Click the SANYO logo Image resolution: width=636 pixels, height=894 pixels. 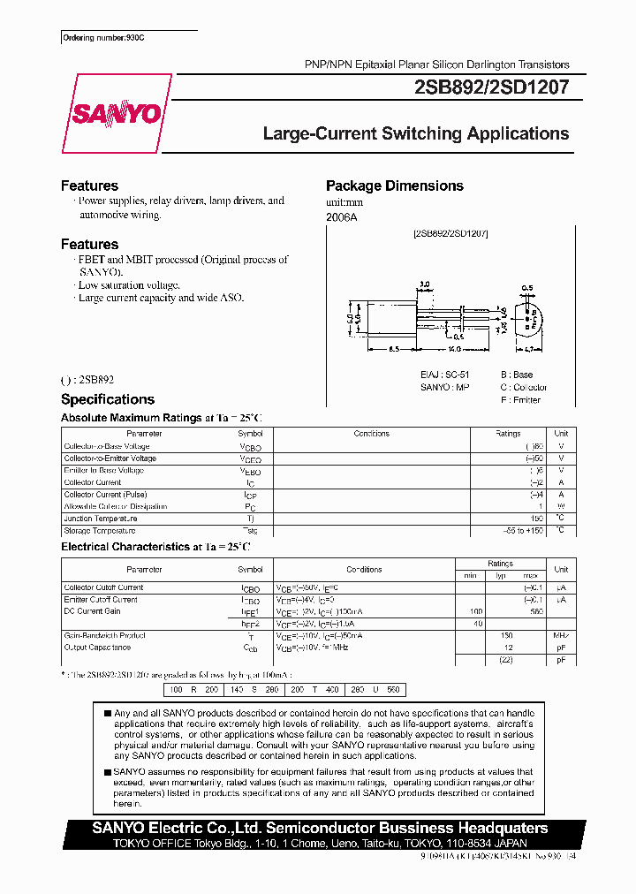117,113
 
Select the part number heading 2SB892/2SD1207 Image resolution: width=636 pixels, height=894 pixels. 491,87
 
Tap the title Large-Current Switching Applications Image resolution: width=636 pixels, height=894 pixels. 416,134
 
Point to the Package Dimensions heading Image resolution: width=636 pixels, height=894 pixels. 394,186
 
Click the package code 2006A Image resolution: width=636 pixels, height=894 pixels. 342,216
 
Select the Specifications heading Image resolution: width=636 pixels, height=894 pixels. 107,399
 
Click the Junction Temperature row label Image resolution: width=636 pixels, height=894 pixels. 100,519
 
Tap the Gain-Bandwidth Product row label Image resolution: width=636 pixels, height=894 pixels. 104,635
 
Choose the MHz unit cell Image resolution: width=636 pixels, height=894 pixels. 561,635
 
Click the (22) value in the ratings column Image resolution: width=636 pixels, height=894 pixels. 507,659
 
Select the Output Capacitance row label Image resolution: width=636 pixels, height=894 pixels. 99,647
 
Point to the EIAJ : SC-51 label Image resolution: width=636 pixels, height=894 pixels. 446,375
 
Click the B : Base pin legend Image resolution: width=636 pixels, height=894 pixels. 517,375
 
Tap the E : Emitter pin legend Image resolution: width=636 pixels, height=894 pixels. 520,400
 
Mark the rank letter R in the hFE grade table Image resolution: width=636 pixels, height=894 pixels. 193,689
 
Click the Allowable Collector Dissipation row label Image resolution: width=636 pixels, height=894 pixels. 115,507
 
